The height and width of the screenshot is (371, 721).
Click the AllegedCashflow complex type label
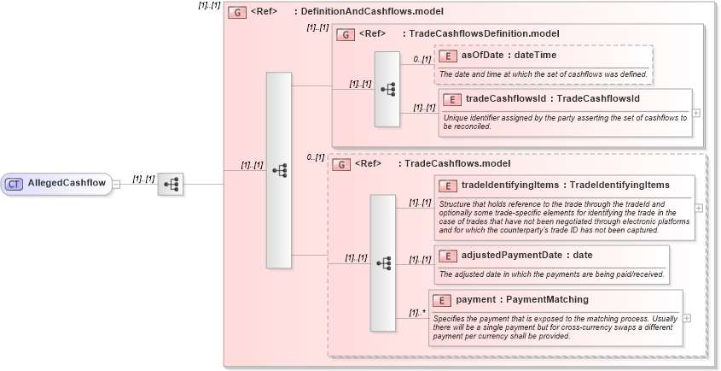pyautogui.click(x=67, y=183)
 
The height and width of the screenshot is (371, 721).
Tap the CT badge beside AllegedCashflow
pyautogui.click(x=15, y=183)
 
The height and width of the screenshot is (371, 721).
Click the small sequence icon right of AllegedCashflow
pyautogui.click(x=170, y=184)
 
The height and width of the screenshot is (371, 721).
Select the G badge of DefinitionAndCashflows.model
pyautogui.click(x=237, y=12)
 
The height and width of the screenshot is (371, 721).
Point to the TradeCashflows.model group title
pyautogui.click(x=456, y=163)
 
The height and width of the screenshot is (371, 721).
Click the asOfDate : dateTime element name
pyautogui.click(x=509, y=56)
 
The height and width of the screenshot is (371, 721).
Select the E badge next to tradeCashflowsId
pyautogui.click(x=455, y=99)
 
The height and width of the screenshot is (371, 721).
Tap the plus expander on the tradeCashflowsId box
pyautogui.click(x=697, y=112)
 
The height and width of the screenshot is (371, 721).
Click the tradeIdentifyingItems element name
pyautogui.click(x=565, y=185)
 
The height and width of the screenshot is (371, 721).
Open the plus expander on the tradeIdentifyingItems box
pyautogui.click(x=699, y=207)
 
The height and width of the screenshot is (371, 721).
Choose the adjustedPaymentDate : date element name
pyautogui.click(x=526, y=255)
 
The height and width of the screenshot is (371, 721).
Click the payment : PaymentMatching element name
pyautogui.click(x=521, y=299)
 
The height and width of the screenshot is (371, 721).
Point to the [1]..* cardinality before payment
pyautogui.click(x=416, y=312)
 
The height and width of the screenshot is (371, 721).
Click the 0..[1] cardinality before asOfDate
pyautogui.click(x=422, y=59)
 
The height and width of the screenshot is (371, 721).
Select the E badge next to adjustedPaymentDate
pyautogui.click(x=449, y=255)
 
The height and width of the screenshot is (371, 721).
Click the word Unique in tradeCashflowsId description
pyautogui.click(x=454, y=117)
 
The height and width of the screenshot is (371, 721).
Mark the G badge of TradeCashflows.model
pyautogui.click(x=341, y=163)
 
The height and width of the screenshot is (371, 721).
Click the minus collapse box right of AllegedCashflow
pyautogui.click(x=116, y=183)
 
